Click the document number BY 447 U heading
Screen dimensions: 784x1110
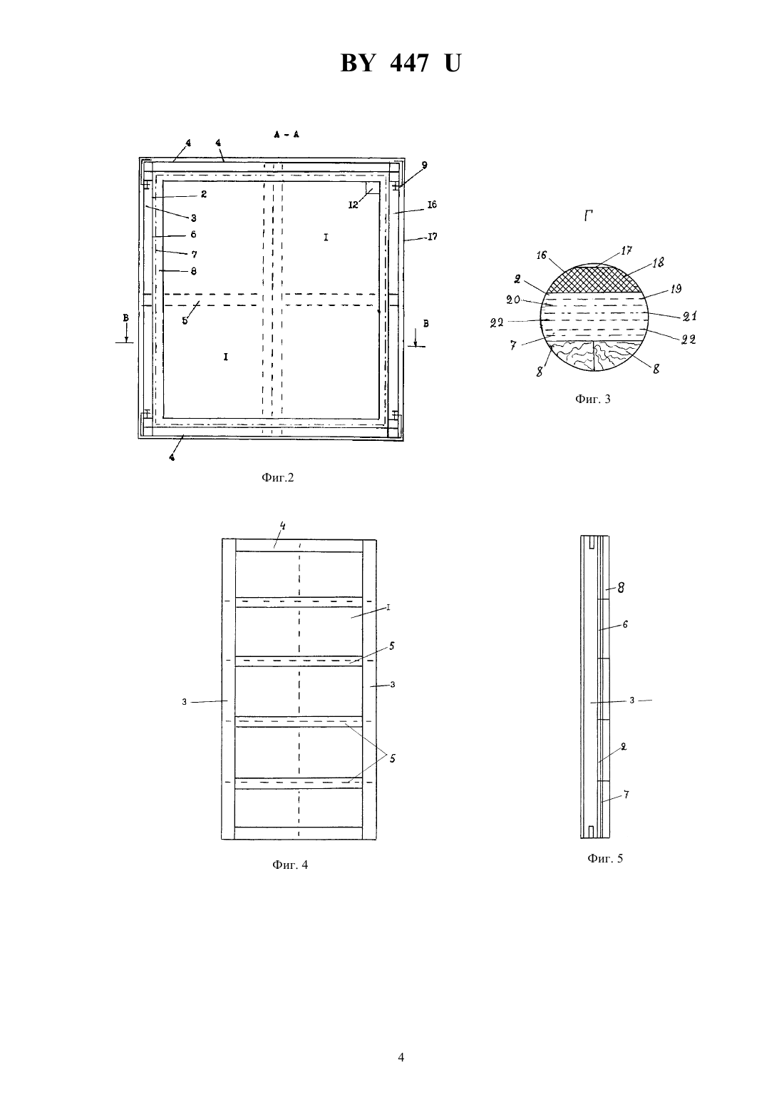401,63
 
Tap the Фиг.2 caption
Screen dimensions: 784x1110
277,477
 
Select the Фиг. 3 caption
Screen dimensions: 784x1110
592,399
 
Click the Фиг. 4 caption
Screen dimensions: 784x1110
290,865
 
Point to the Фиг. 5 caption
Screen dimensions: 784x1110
605,858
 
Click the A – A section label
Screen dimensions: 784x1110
287,134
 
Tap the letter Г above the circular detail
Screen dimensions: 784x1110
589,215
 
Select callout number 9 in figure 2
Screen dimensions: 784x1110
424,165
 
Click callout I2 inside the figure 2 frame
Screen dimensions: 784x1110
353,205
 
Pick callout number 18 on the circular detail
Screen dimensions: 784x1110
658,263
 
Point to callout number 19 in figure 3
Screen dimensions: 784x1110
676,289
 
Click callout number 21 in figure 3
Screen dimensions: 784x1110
689,316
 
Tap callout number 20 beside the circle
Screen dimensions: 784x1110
512,300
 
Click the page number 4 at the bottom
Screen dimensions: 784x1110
401,1057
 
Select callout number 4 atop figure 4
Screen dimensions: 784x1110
283,526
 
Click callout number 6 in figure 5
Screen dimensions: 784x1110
625,624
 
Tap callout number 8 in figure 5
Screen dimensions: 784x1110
621,588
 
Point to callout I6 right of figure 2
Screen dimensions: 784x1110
432,205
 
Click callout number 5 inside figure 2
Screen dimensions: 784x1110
185,320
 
